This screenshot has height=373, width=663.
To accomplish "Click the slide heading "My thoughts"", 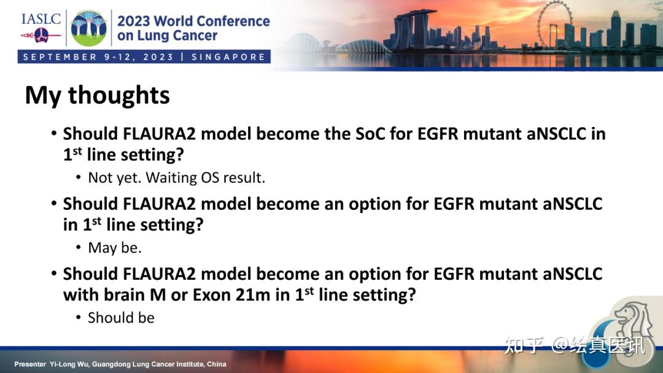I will [x=97, y=96].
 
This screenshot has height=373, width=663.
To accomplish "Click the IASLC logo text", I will [x=41, y=18].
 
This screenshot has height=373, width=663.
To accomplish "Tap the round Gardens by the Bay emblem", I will [x=89, y=28].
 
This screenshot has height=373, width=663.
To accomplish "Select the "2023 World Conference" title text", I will [x=193, y=21].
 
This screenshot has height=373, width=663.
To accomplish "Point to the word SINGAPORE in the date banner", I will [x=228, y=57].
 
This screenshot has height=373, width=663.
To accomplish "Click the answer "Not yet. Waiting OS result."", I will [x=176, y=178].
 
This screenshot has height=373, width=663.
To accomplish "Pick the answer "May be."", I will [x=115, y=248].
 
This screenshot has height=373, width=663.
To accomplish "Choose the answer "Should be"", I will [x=121, y=318].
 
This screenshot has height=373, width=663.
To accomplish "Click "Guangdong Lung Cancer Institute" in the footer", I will [x=152, y=364].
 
